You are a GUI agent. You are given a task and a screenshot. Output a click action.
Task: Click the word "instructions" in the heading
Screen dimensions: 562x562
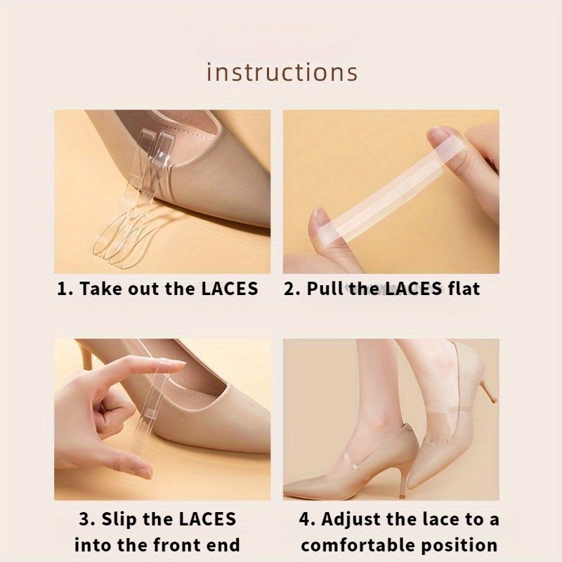282,72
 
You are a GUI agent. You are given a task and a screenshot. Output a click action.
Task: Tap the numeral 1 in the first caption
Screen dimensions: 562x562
62,289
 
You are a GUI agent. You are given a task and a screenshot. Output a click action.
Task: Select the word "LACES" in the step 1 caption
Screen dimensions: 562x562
230,289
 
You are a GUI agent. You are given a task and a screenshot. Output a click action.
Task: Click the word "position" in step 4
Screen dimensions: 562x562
459,546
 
